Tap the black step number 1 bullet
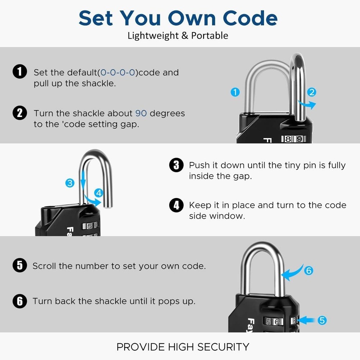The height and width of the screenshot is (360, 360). point(20,72)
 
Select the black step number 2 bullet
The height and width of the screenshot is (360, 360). point(20,113)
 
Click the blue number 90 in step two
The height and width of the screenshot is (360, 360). point(141,113)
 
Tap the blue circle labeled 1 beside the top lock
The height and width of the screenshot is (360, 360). point(235,93)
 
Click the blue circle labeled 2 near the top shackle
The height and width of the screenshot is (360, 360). point(312,92)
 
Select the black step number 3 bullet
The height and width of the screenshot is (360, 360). point(176,165)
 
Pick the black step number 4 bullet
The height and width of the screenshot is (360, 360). point(176,206)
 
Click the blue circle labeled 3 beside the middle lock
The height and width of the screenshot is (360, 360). point(70,183)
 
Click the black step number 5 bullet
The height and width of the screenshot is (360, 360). point(20,266)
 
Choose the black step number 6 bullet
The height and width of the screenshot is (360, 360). point(20,301)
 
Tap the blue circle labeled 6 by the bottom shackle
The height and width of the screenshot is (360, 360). point(309,270)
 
